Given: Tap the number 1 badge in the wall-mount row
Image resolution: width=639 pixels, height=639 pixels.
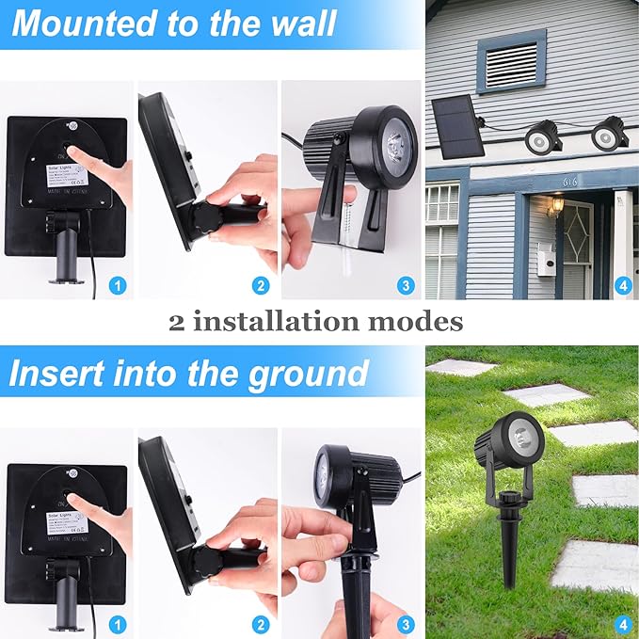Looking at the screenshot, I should pyautogui.click(x=117, y=284).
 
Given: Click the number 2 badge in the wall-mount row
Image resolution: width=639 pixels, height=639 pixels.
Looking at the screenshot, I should pyautogui.click(x=261, y=284).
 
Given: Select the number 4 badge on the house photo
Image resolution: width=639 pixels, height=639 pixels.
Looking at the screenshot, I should pyautogui.click(x=621, y=284).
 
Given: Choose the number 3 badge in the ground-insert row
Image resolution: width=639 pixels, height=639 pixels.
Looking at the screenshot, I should pyautogui.click(x=406, y=624).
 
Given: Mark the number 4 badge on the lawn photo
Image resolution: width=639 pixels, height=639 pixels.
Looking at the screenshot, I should pyautogui.click(x=621, y=624).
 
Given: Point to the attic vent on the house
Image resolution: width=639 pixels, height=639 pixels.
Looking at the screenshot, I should pyautogui.click(x=511, y=63).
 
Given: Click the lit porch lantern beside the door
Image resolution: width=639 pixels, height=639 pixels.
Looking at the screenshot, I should pyautogui.click(x=556, y=204).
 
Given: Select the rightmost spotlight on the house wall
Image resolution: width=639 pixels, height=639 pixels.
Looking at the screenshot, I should pyautogui.click(x=610, y=135).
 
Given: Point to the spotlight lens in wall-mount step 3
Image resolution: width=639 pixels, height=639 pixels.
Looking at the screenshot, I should pyautogui.click(x=396, y=143).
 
